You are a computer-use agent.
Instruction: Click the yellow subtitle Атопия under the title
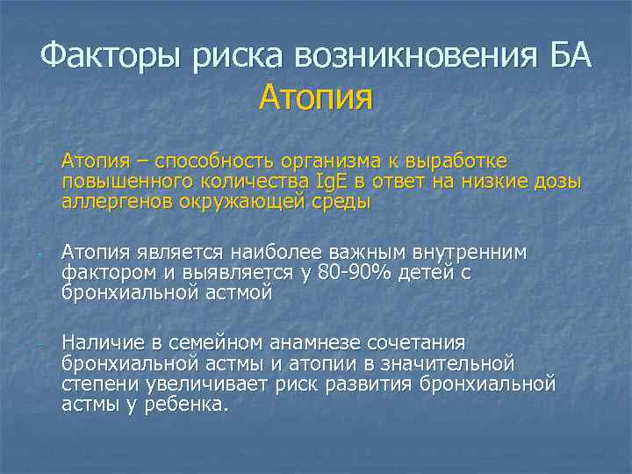316,97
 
